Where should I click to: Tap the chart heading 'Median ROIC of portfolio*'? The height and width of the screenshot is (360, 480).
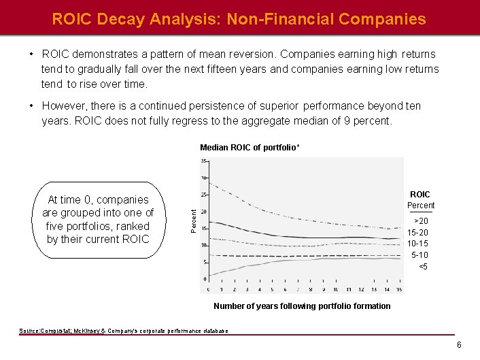250,148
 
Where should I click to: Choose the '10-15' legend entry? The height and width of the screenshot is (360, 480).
417,244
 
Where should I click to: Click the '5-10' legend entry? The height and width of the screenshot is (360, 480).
419,255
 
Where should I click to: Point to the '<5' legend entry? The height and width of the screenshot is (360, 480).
422,266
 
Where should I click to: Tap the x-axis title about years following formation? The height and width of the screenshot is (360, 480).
302,306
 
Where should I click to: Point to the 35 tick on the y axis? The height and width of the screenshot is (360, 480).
203,161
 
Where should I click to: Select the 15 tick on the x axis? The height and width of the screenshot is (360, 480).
398,289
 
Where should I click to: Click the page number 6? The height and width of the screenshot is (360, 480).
459,345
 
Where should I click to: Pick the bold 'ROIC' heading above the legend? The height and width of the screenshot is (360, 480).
420,195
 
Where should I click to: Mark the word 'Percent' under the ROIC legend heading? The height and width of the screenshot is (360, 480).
420,206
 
